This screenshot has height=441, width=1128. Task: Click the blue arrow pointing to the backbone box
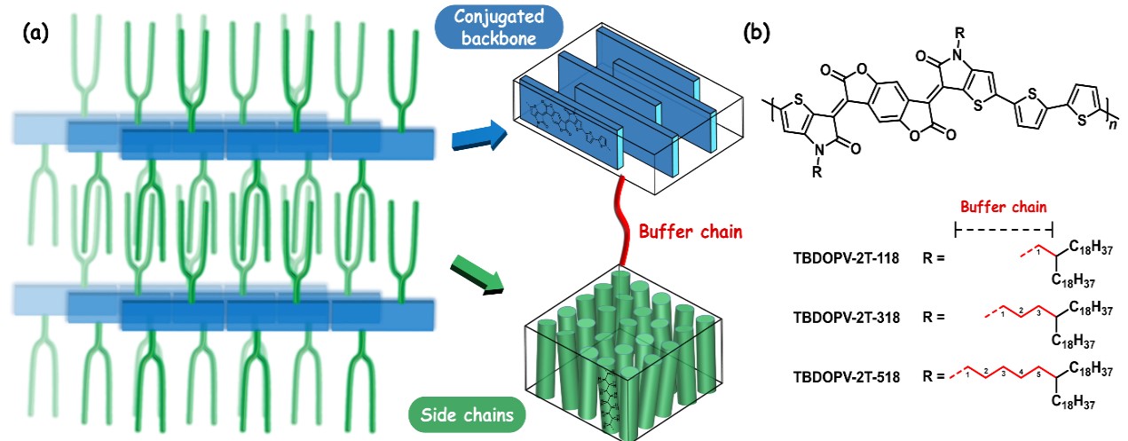tap(478, 138)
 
